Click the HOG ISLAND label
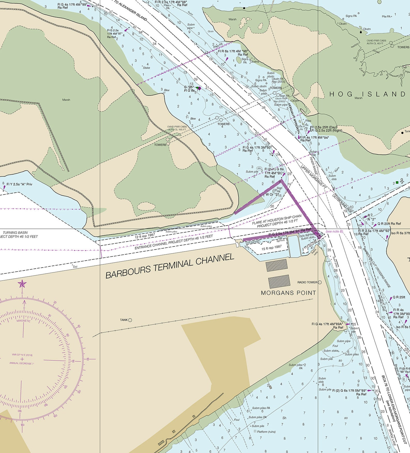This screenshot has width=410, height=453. coord(367,94)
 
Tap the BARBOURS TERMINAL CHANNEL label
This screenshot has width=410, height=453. coord(170,266)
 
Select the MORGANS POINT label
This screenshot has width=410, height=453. coord(288,293)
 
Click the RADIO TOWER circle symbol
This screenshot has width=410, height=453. coord(320,282)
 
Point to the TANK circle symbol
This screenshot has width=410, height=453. coord(130,320)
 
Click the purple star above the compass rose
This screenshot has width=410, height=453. coord(22,284)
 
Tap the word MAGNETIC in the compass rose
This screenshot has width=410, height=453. coord(23,321)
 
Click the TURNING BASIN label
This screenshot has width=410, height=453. coord(15,233)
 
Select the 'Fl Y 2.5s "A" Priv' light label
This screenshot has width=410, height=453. coord(19,184)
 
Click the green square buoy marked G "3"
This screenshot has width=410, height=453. coord(397,182)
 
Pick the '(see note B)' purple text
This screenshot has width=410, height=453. coord(334,231)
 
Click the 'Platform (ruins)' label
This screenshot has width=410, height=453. coord(266,432)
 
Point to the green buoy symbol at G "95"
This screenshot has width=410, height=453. coord(198,88)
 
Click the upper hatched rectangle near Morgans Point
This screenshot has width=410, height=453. coord(277,265)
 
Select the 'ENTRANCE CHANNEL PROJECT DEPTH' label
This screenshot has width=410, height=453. coord(174,242)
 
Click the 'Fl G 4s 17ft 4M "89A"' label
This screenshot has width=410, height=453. coord(327,324)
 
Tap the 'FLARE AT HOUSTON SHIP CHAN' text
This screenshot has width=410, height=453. coord(277,219)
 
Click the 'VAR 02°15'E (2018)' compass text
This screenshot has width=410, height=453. coord(22,355)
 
